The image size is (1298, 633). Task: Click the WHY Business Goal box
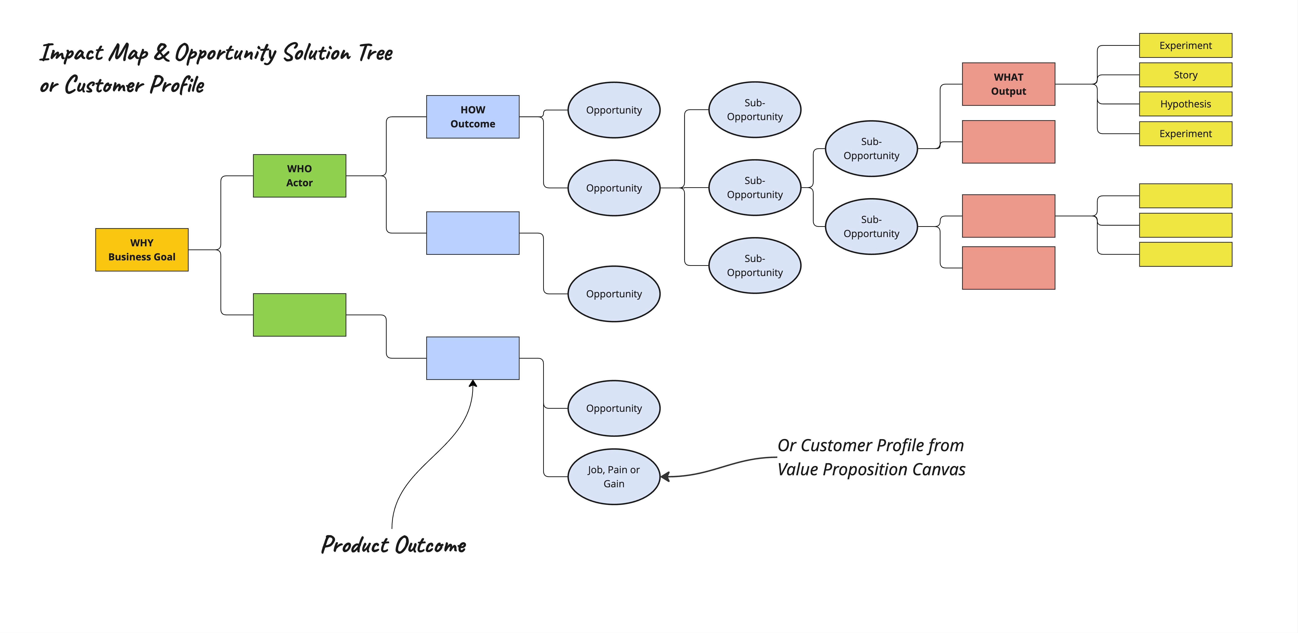pyautogui.click(x=142, y=250)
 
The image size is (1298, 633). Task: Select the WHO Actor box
pyautogui.click(x=299, y=175)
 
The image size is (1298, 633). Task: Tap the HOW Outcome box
pyautogui.click(x=473, y=116)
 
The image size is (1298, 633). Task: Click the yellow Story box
pyautogui.click(x=1185, y=75)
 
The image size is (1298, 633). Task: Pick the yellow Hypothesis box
pyautogui.click(x=1185, y=104)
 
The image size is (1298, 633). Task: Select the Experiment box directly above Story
pyautogui.click(x=1185, y=45)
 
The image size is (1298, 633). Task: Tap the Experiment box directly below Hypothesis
pyautogui.click(x=1185, y=133)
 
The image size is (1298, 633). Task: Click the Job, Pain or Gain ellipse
pyautogui.click(x=614, y=476)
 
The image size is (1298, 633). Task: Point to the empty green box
pyautogui.click(x=299, y=315)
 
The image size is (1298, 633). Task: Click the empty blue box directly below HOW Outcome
pyautogui.click(x=473, y=233)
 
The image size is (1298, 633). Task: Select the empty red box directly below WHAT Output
pyautogui.click(x=1008, y=142)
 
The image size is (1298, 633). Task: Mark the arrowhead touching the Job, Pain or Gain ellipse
pyautogui.click(x=665, y=476)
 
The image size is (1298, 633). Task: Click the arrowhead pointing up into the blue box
pyautogui.click(x=473, y=383)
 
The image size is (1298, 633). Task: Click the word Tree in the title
pyautogui.click(x=375, y=52)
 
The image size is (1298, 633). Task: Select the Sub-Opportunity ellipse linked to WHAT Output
pyautogui.click(x=871, y=149)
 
